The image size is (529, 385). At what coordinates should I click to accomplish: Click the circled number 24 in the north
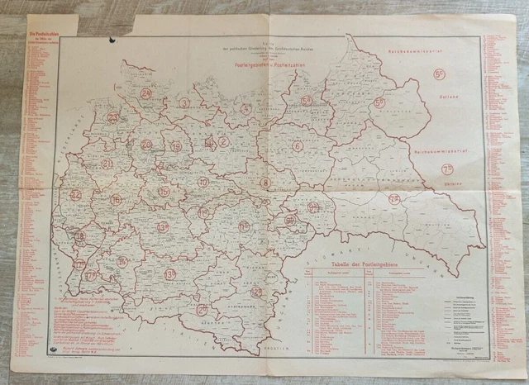(x=146, y=93)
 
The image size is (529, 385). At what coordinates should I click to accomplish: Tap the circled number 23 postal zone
(x=113, y=118)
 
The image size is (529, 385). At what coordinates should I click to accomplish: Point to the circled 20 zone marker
(x=146, y=144)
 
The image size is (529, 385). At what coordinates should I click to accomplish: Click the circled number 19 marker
(x=175, y=146)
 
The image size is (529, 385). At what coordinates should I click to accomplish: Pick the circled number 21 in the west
(x=107, y=164)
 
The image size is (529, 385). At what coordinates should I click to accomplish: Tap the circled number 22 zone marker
(x=76, y=195)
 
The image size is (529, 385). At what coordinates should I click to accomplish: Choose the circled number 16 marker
(x=116, y=200)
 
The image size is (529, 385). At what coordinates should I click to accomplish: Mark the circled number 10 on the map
(x=203, y=181)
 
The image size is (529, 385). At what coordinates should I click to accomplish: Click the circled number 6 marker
(x=297, y=146)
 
